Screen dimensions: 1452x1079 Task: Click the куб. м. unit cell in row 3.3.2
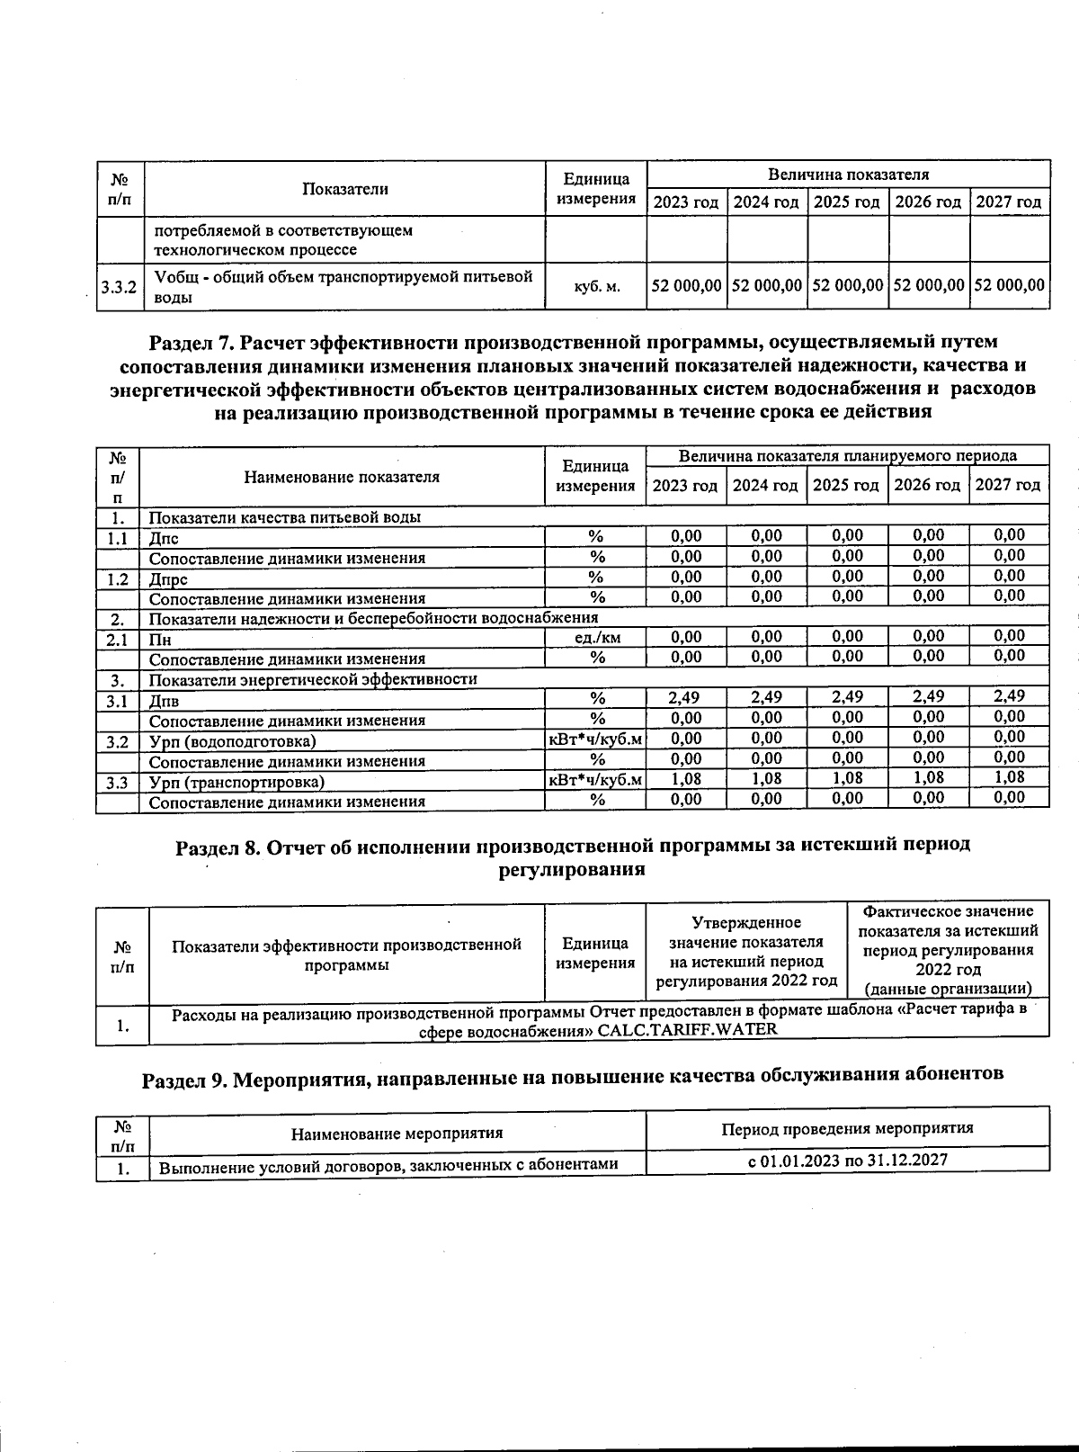coord(596,287)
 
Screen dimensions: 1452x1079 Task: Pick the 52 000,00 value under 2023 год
coord(686,286)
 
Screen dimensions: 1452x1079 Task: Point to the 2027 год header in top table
coord(1009,202)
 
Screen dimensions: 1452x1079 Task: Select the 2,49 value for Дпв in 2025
coord(847,697)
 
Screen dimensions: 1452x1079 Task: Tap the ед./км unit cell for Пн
coord(596,638)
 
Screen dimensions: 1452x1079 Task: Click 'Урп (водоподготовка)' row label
coord(232,742)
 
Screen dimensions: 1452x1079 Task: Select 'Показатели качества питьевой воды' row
coord(284,517)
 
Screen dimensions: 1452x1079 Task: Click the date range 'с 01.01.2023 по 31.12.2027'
coord(847,1161)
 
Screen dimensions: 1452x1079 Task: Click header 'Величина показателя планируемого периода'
coord(847,456)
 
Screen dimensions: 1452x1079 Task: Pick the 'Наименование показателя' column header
coord(342,477)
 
